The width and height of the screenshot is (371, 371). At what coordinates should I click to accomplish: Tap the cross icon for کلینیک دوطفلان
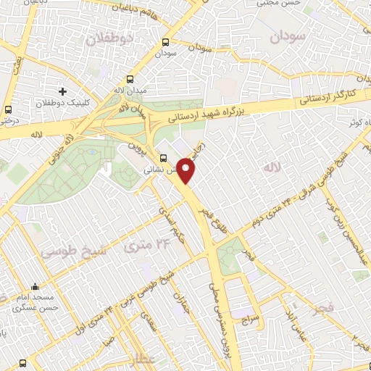(63, 91)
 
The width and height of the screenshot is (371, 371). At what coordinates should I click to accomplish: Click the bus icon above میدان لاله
(130, 79)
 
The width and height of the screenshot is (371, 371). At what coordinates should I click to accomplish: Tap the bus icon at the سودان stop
(165, 42)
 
